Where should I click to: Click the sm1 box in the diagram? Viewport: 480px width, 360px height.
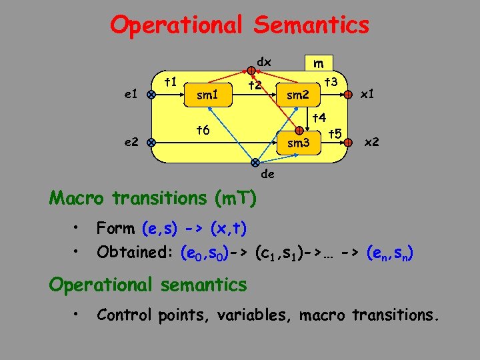(207, 95)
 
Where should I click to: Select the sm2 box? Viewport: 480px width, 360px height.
(297, 95)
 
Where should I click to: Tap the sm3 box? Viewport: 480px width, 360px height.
(298, 142)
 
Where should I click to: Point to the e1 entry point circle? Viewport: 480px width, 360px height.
(151, 95)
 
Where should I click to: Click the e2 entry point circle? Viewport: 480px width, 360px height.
(151, 142)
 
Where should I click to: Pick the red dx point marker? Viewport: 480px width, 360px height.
(250, 69)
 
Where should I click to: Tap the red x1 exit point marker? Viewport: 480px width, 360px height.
(348, 95)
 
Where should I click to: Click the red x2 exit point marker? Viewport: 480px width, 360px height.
(348, 142)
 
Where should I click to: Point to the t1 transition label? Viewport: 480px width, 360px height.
(171, 82)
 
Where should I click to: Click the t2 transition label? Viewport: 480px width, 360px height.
(255, 85)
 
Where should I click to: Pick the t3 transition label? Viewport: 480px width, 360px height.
(330, 81)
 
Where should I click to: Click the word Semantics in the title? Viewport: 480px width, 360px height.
(311, 25)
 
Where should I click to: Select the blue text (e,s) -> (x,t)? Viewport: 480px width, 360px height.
(194, 229)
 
